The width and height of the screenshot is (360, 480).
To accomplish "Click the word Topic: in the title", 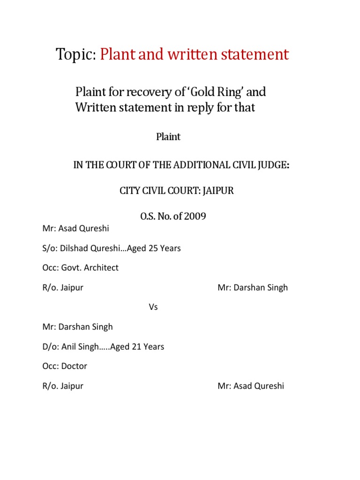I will pyautogui.click(x=76, y=55).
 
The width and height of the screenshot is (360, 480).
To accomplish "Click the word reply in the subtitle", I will pyautogui.click(x=197, y=107).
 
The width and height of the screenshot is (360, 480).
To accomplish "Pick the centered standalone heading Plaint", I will pyautogui.click(x=168, y=137).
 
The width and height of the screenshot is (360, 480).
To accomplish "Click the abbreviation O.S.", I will pyautogui.click(x=149, y=217).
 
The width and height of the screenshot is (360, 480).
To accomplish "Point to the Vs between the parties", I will pyautogui.click(x=153, y=307).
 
